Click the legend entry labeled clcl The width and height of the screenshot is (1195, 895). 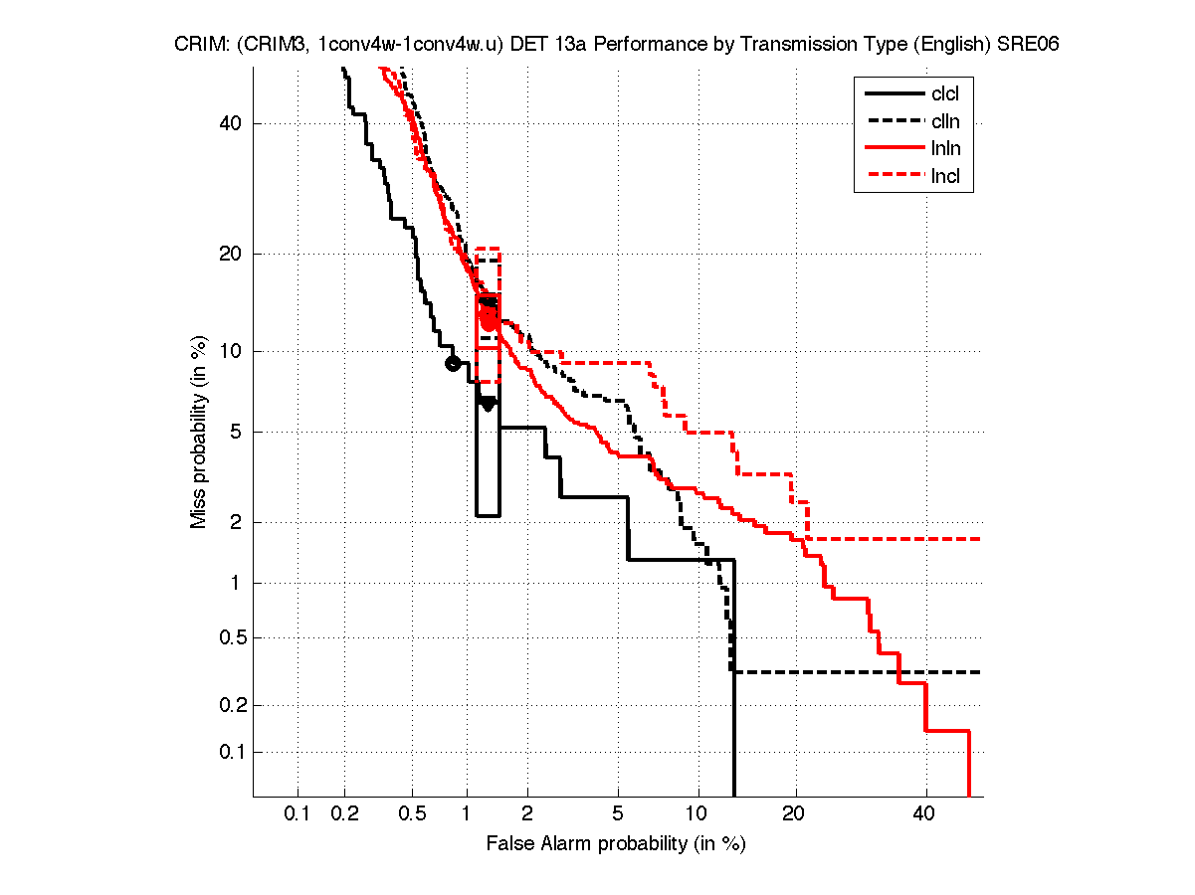pyautogui.click(x=945, y=94)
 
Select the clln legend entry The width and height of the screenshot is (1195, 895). pyautogui.click(x=945, y=122)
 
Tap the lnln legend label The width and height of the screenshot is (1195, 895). pyautogui.click(x=945, y=150)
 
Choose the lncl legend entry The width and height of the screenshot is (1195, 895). pyautogui.click(x=945, y=178)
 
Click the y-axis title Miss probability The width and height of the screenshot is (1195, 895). pyautogui.click(x=199, y=432)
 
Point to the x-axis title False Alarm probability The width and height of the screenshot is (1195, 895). pyautogui.click(x=616, y=844)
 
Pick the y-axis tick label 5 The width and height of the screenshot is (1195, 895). pyautogui.click(x=237, y=432)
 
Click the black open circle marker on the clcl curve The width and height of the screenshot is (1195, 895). pyautogui.click(x=453, y=363)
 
